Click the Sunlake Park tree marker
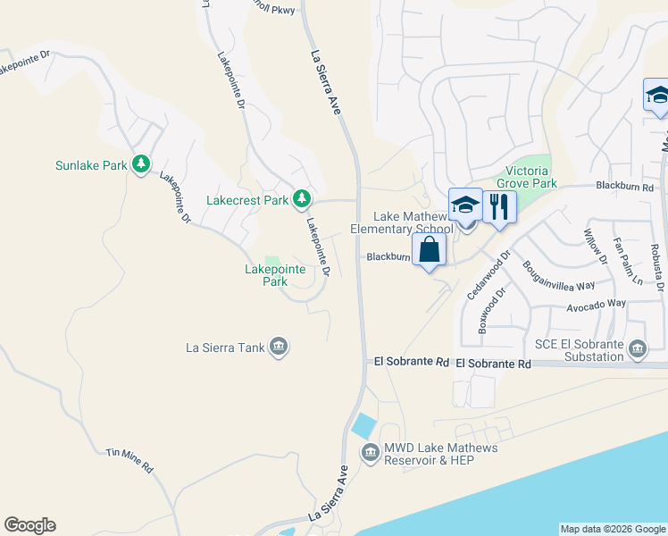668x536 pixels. [x=140, y=164]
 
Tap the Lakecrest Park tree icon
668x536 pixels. [x=303, y=198]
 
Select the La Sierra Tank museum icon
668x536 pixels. [x=278, y=347]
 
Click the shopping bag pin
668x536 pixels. [x=430, y=250]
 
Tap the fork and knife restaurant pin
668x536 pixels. [x=499, y=207]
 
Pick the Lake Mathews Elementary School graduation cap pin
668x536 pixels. [x=465, y=205]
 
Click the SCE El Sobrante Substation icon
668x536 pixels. [x=637, y=348]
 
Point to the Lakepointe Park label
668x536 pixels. [x=275, y=274]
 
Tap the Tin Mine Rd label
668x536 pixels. [x=129, y=460]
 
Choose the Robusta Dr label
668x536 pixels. [x=656, y=267]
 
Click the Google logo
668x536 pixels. [x=29, y=525]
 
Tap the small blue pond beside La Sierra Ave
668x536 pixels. [x=364, y=425]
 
